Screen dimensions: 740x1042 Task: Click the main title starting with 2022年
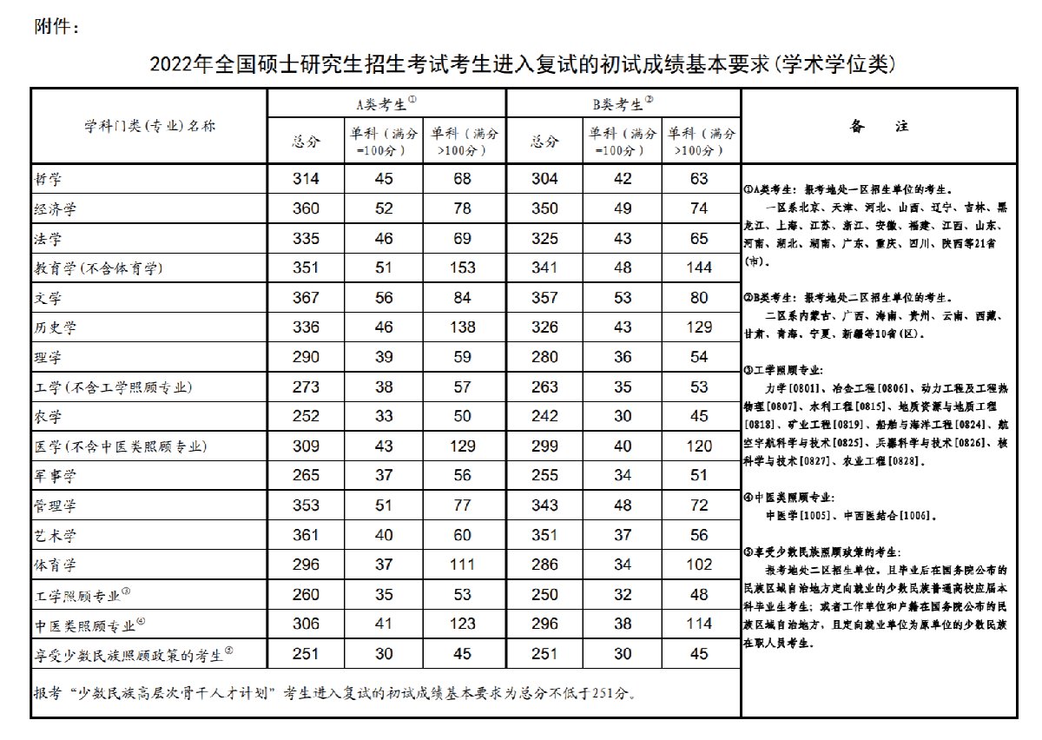(522, 64)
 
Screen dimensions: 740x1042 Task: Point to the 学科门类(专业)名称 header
(149, 126)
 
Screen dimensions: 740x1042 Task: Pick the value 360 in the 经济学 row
(307, 208)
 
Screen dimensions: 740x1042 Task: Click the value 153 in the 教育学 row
(463, 268)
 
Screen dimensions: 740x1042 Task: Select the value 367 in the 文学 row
(307, 298)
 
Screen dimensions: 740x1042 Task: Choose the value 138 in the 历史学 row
(463, 327)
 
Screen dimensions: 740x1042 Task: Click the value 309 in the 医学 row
(307, 446)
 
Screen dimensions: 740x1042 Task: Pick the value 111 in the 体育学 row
(463, 565)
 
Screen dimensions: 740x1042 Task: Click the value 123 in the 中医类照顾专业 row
(463, 624)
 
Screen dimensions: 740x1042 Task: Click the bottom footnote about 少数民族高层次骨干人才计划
(334, 694)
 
